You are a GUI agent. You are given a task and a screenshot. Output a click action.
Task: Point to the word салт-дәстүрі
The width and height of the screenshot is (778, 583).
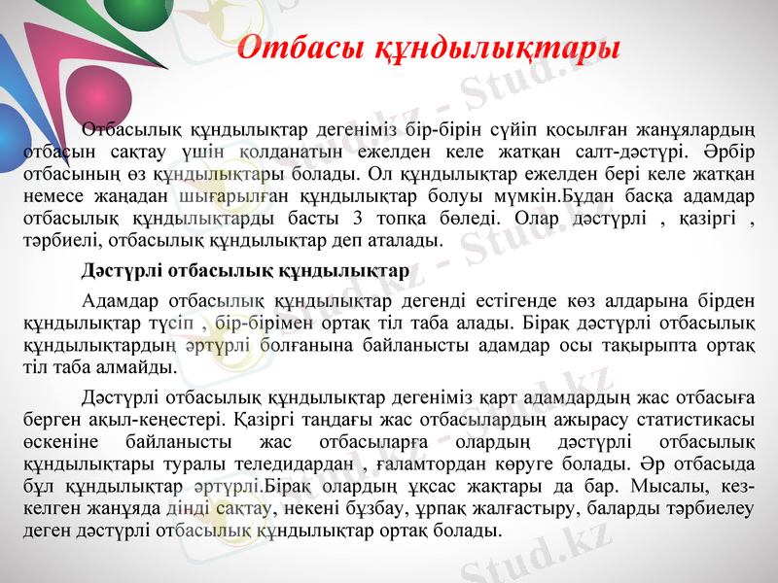pos(624,152)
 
